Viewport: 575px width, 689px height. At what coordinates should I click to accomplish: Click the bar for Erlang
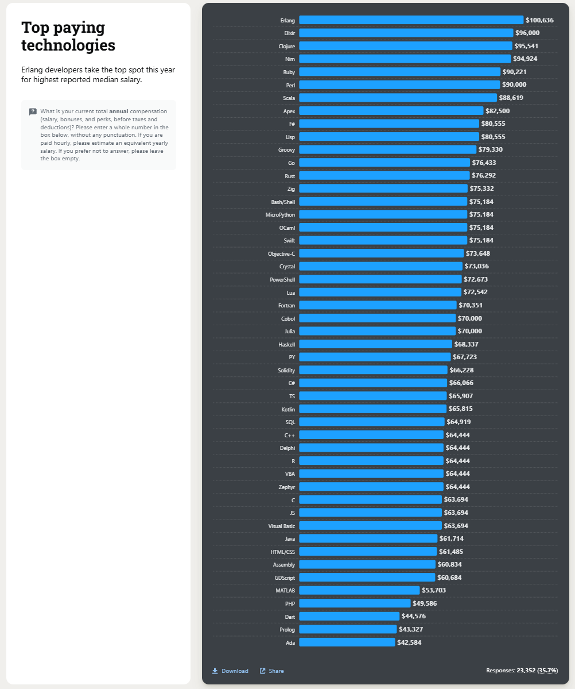click(x=411, y=20)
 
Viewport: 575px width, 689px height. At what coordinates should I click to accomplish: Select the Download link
click(x=230, y=671)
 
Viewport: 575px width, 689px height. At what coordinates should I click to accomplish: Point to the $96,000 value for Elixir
click(x=527, y=33)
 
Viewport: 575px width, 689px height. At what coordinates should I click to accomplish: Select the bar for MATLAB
click(x=359, y=590)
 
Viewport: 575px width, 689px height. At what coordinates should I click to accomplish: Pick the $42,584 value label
click(x=409, y=642)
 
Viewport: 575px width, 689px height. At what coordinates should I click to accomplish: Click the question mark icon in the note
click(x=33, y=111)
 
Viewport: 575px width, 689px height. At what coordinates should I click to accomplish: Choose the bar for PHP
click(x=355, y=603)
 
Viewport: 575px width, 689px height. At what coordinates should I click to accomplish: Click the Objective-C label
click(x=281, y=253)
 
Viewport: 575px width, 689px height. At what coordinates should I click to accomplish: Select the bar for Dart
click(x=349, y=616)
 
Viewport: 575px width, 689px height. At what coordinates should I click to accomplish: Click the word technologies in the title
click(x=68, y=45)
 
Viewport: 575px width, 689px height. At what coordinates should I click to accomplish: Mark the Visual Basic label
click(x=281, y=526)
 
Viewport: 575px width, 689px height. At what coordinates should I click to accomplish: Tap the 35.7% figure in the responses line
click(x=547, y=671)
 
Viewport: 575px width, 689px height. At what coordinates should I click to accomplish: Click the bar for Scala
click(x=398, y=98)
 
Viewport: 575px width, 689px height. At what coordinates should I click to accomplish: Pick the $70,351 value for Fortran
click(x=471, y=305)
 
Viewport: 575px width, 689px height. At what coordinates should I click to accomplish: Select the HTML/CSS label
click(x=282, y=552)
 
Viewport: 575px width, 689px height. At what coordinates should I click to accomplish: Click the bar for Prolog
click(x=348, y=629)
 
